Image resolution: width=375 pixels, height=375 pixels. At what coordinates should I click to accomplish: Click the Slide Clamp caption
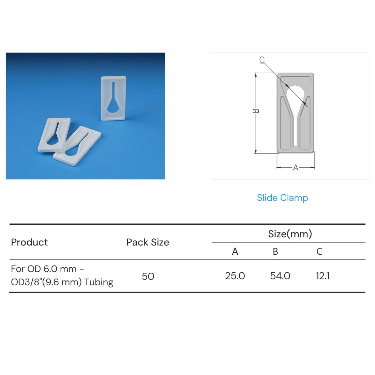(x=282, y=198)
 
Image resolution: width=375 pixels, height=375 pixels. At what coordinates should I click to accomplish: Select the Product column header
(x=29, y=242)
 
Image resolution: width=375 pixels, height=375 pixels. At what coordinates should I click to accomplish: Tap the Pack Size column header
(x=148, y=242)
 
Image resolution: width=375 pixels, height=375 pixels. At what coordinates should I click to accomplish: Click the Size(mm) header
(x=290, y=234)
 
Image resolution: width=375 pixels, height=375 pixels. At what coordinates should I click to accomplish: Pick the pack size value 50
(x=148, y=276)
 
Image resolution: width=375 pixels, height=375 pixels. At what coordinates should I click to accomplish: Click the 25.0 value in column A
(x=235, y=276)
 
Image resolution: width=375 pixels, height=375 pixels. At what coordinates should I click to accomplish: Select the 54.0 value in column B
(x=280, y=276)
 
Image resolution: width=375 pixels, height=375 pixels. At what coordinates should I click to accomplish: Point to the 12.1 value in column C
(x=322, y=276)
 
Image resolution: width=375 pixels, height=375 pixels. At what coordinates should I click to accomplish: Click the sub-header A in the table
(x=235, y=252)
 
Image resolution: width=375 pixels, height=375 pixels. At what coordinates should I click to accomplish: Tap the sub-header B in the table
(x=275, y=252)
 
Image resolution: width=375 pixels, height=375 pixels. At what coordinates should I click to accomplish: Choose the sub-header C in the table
(x=319, y=252)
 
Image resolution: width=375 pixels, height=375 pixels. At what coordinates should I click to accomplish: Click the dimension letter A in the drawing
(x=296, y=168)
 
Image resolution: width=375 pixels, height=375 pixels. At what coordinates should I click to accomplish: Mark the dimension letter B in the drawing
(x=256, y=111)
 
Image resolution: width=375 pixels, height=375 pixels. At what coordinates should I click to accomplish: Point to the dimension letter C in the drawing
(x=262, y=60)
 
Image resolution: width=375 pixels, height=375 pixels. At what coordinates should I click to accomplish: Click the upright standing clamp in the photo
(x=114, y=98)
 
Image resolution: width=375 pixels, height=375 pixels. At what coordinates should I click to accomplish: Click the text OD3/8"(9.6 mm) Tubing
(x=62, y=282)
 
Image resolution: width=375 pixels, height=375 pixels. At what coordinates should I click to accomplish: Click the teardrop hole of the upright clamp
(x=113, y=106)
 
